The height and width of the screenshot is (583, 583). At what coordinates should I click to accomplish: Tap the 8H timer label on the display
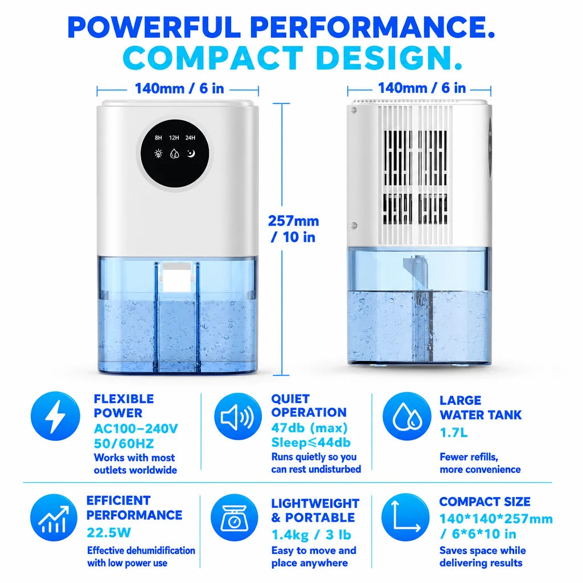click(x=158, y=138)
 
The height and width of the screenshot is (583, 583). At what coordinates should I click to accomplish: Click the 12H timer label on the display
click(x=174, y=138)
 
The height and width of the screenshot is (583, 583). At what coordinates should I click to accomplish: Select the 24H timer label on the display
click(x=190, y=138)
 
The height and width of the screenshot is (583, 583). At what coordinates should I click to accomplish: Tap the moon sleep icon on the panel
click(x=191, y=153)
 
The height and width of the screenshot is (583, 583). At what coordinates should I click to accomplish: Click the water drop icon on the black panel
click(x=174, y=154)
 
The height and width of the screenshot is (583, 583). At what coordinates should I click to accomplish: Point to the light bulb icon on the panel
click(x=158, y=154)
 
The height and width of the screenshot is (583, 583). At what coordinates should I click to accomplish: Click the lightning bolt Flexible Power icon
click(x=55, y=416)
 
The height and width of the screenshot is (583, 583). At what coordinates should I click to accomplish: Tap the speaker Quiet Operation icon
click(x=238, y=416)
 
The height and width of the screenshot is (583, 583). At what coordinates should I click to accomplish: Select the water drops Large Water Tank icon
click(x=407, y=416)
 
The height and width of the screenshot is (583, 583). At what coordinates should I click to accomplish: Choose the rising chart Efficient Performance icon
click(x=54, y=518)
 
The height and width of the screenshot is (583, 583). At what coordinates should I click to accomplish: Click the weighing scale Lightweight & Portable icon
click(x=234, y=518)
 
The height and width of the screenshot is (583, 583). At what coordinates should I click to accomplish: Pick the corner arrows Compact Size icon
click(x=405, y=517)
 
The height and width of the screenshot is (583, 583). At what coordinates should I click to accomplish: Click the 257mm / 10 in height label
click(x=293, y=229)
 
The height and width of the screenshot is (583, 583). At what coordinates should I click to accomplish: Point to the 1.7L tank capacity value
click(x=454, y=433)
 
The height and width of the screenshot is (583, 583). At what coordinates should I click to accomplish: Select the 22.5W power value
click(x=109, y=533)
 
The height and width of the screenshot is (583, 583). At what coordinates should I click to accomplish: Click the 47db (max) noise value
click(x=309, y=428)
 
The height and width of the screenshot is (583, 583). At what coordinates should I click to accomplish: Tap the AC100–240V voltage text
click(x=136, y=429)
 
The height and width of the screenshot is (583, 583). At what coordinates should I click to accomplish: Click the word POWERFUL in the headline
click(x=154, y=27)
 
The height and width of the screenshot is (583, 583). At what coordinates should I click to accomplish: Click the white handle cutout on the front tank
click(x=176, y=277)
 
